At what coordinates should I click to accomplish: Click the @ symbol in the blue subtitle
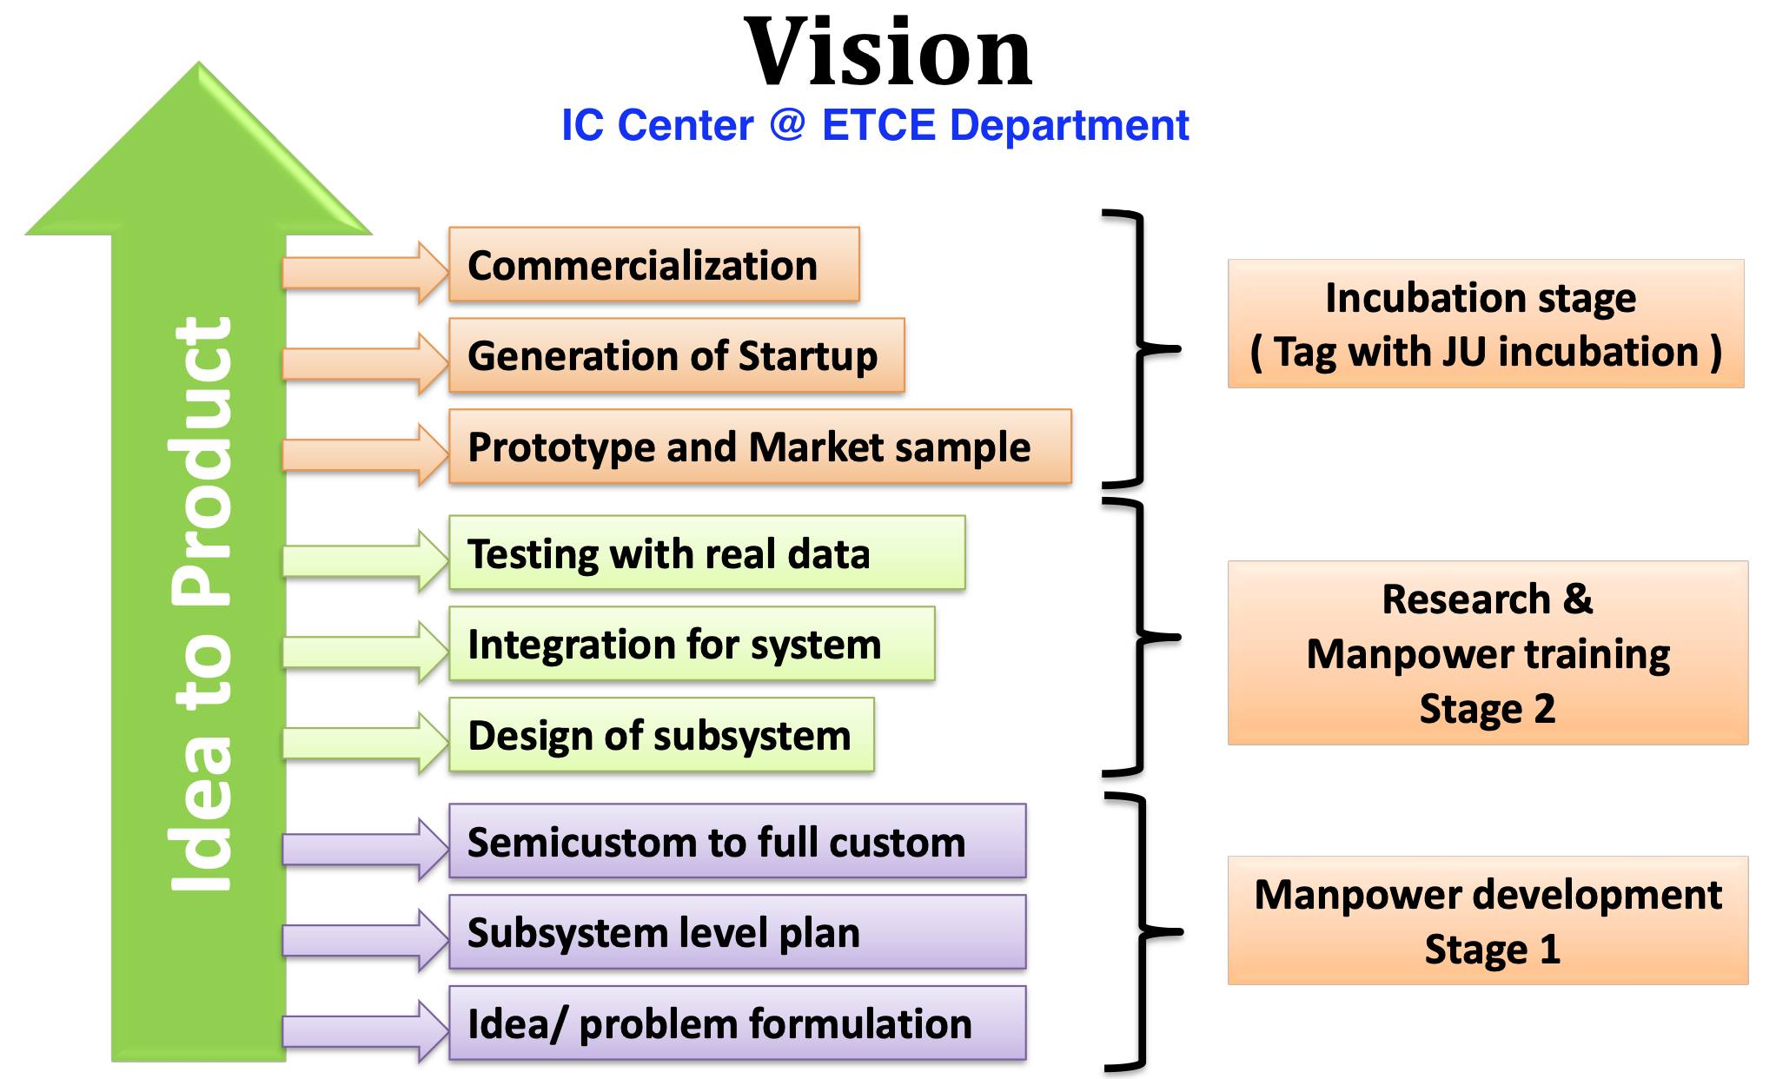pos(787,125)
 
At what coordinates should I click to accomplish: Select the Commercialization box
pos(653,265)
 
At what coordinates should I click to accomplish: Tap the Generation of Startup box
pos(676,355)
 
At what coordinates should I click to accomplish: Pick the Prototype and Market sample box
pos(759,447)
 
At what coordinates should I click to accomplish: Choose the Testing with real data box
pos(706,553)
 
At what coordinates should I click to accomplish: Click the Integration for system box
pos(692,644)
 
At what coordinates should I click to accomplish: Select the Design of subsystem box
pos(661,735)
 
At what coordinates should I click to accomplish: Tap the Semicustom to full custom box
pos(737,841)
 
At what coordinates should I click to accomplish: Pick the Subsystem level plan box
pos(737,932)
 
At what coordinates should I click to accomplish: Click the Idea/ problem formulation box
pos(737,1023)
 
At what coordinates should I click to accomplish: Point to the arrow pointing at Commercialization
pos(365,272)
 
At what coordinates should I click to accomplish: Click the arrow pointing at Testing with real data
pos(365,560)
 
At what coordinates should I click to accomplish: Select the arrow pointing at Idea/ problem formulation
pos(365,1031)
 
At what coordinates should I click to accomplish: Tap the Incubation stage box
pos(1485,323)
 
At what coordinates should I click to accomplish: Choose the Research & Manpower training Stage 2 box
pos(1487,653)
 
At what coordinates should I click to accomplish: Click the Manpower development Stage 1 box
pos(1487,921)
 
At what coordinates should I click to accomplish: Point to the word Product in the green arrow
pos(202,460)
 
